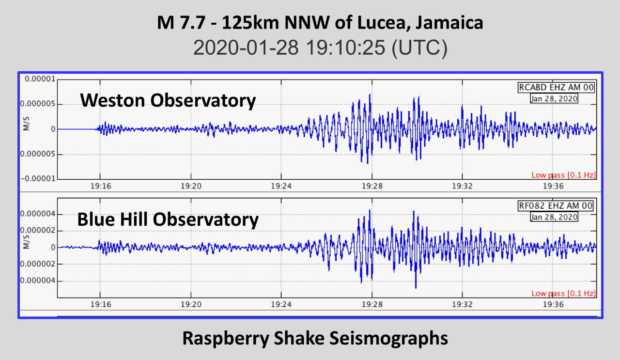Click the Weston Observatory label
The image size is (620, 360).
click(168, 101)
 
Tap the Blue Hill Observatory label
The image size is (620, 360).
click(168, 219)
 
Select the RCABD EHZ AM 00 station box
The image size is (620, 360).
click(556, 88)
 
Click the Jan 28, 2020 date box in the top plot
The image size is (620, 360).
click(554, 98)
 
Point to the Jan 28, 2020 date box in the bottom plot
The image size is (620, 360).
click(554, 217)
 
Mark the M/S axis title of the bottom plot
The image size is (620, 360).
click(26, 244)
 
